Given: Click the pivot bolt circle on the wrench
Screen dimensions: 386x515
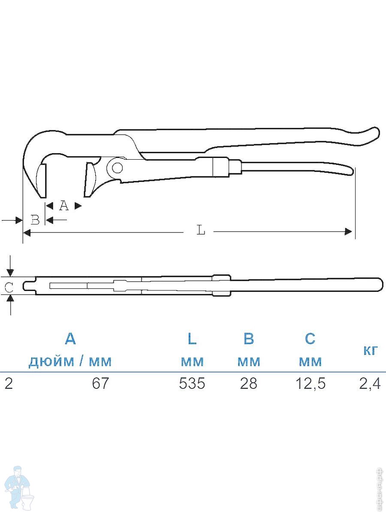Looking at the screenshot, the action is [x=117, y=168].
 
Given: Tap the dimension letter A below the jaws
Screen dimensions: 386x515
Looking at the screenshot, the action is [x=64, y=206].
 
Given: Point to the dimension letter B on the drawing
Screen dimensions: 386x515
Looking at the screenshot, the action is [x=35, y=220].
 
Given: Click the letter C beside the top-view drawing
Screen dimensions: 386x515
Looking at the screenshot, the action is [x=9, y=288].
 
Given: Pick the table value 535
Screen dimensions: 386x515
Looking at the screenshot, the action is [x=192, y=383].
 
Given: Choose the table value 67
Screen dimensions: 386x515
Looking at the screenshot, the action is [x=100, y=383].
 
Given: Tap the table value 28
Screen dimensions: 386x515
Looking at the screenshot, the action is [x=249, y=383].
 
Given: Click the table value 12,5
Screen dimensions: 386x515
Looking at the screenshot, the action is [x=311, y=384].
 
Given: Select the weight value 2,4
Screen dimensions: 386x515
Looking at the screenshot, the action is [x=370, y=384].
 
